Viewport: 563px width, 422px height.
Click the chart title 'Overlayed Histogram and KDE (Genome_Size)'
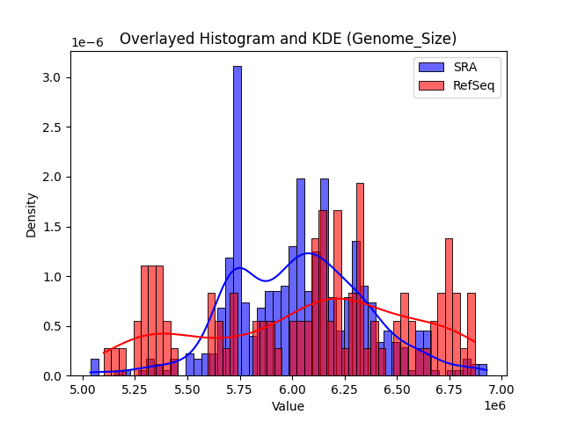(288, 39)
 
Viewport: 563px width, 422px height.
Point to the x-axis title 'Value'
(288, 406)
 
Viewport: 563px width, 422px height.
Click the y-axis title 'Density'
(32, 214)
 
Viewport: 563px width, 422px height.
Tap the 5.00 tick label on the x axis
(84, 389)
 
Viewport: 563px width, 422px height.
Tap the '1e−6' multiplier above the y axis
(87, 43)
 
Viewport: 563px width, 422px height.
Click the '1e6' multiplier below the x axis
(495, 405)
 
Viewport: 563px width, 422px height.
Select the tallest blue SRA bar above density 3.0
(237, 220)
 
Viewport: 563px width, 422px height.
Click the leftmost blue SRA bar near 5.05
(95, 367)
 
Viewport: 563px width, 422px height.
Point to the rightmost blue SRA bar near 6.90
(482, 370)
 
